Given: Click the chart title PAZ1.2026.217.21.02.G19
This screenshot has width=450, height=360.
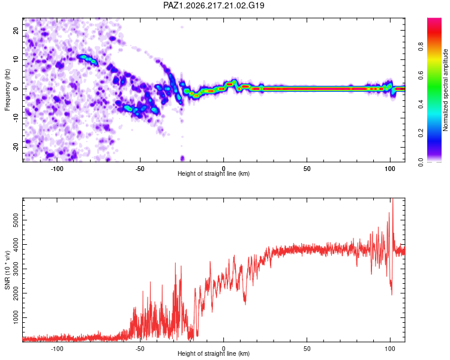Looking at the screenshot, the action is pos(214,5).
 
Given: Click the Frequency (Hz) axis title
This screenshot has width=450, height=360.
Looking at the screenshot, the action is pos(7,89).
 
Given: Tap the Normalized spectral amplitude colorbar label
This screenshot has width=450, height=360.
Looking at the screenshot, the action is pos(445,90).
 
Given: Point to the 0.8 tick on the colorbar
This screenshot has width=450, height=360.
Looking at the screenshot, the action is pos(421,46).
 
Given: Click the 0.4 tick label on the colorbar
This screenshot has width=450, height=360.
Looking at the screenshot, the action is pos(421,104).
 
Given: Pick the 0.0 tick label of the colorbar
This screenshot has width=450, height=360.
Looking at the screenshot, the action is pos(421,162).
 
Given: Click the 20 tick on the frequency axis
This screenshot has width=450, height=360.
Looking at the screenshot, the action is pos(16,30).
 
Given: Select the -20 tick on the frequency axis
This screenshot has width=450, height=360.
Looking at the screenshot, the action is pos(16,147).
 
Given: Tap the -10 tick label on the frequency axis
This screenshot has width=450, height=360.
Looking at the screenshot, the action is pos(16,118).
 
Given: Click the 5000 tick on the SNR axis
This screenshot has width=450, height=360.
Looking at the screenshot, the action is pos(16,220).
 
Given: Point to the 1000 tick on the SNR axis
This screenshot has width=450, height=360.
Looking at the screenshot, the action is pos(16,317).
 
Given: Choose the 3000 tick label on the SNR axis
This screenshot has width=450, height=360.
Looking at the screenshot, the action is pos(16,269).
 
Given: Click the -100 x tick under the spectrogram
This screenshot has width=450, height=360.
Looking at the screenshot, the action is pos(57,169).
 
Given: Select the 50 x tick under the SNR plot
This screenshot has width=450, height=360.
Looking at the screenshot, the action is pos(307,349).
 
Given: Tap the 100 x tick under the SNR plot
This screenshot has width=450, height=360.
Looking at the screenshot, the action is pos(390,349).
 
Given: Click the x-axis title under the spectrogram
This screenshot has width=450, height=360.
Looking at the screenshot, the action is pos(214,173).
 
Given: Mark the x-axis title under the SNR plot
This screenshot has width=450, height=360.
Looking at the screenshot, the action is pos(214,353).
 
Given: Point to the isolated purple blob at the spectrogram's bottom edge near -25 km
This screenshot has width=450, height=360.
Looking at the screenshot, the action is pos(182,158).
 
